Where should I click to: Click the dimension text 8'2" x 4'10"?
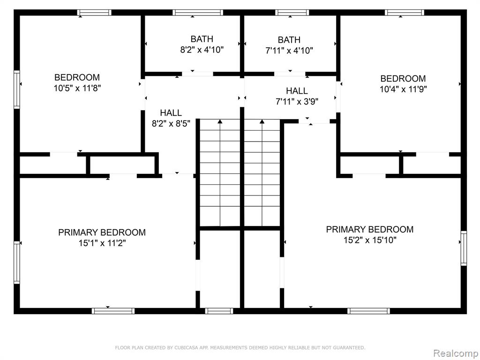click(x=202, y=50)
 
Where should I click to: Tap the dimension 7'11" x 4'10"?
click(x=289, y=50)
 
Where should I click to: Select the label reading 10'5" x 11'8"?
click(x=77, y=88)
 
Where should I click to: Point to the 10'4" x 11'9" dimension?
click(x=403, y=89)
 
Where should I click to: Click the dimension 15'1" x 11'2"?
click(x=102, y=243)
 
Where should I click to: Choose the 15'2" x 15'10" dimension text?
click(x=370, y=240)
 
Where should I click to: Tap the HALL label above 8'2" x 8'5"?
click(x=171, y=112)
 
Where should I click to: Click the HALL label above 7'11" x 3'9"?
click(x=297, y=90)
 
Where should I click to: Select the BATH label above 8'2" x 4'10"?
click(x=202, y=39)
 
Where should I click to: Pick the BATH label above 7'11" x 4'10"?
click(x=289, y=40)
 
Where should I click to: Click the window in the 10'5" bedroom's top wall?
click(x=94, y=13)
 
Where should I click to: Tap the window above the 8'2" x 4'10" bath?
click(x=198, y=13)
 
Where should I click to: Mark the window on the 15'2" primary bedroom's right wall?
click(x=464, y=248)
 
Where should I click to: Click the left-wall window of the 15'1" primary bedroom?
click(x=17, y=262)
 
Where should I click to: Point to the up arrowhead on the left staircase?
click(x=220, y=121)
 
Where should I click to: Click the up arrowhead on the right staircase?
click(x=262, y=121)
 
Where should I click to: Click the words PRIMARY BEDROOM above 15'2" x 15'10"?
click(x=370, y=229)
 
